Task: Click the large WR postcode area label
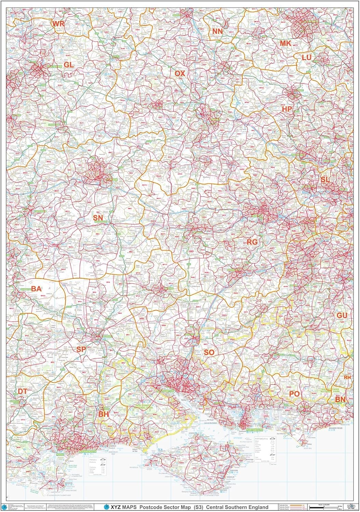click(x=58, y=24)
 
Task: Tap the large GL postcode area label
click(x=69, y=65)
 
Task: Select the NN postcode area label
click(x=217, y=31)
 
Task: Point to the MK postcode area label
click(x=285, y=43)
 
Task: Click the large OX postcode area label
click(x=180, y=73)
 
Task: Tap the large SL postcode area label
click(x=325, y=179)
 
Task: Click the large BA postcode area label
click(x=36, y=289)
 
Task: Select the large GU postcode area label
click(x=342, y=315)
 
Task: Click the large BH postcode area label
click(x=103, y=414)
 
